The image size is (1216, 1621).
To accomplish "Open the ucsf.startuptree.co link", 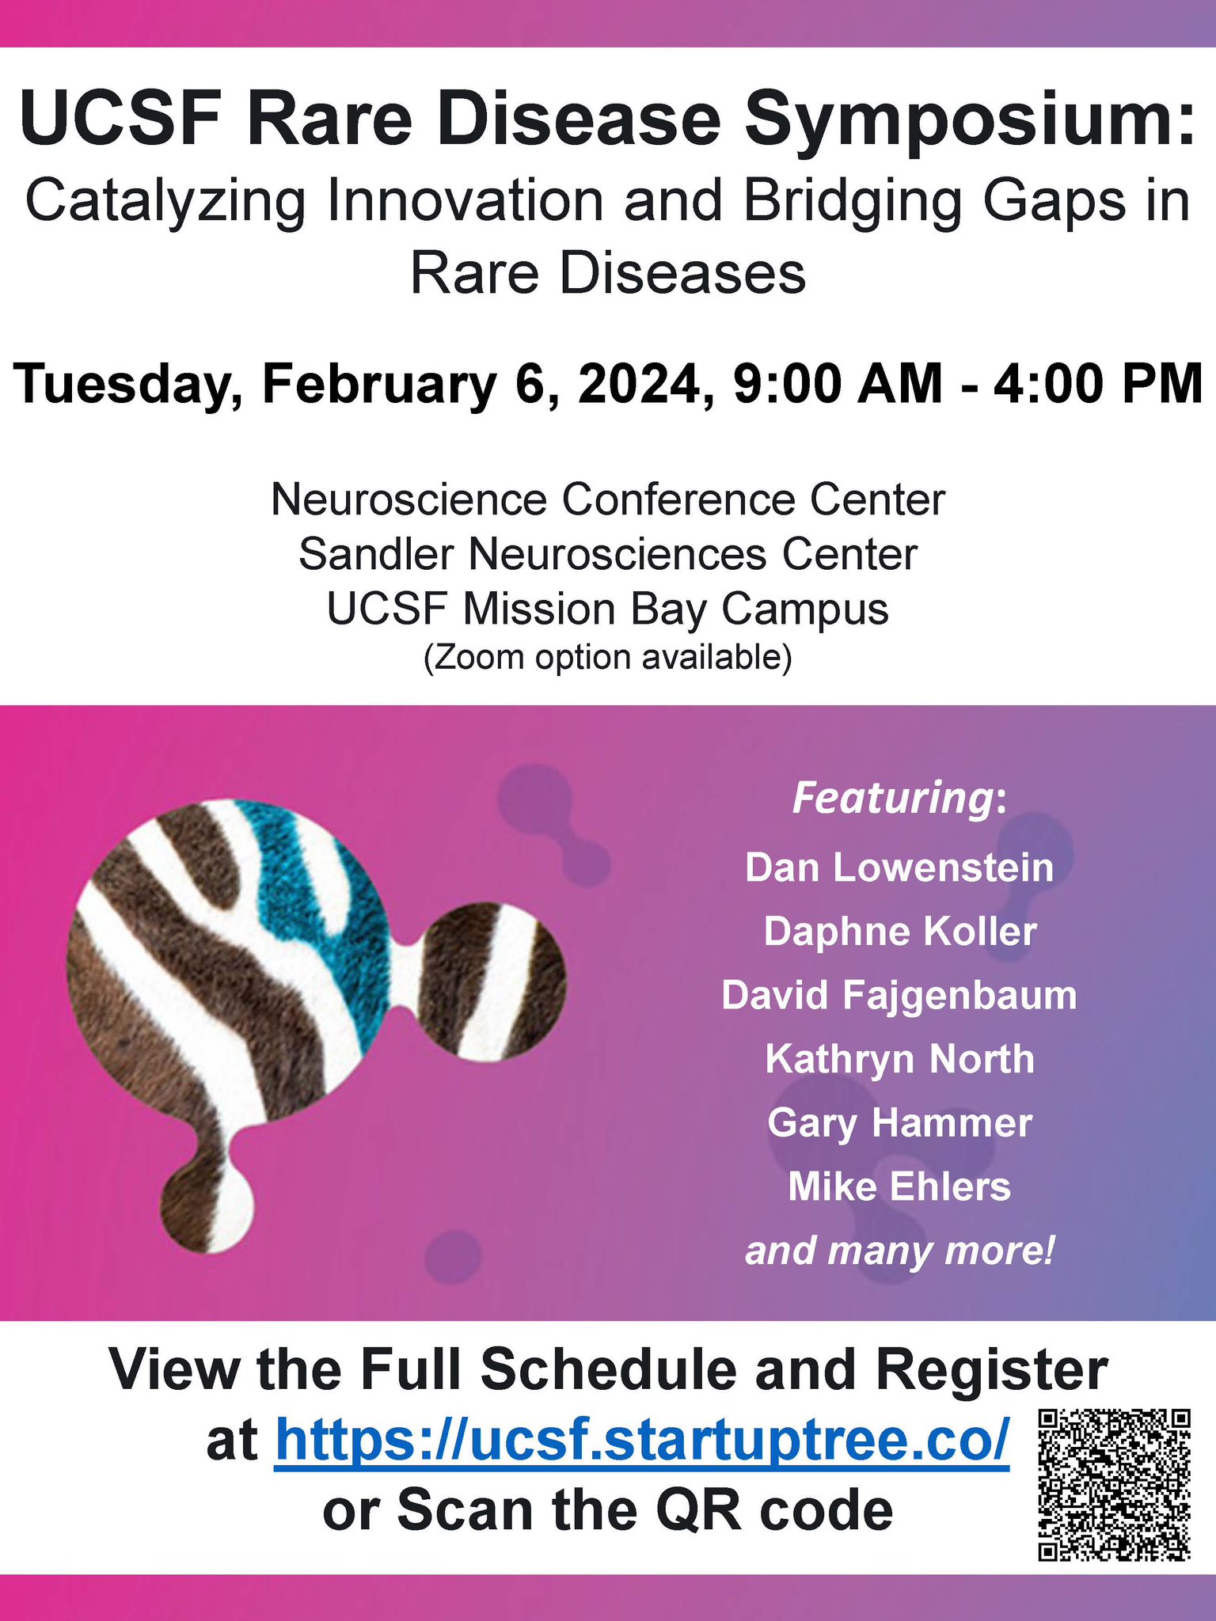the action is [x=642, y=1441].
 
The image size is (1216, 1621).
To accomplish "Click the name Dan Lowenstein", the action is [x=899, y=867].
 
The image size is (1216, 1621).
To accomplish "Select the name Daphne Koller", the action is [x=900, y=932].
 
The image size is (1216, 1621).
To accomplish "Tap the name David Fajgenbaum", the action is [x=899, y=996].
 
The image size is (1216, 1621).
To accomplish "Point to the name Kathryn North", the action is [x=900, y=1059].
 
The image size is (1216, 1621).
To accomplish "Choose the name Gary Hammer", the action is [x=900, y=1123].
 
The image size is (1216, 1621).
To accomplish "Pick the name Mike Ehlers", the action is [x=900, y=1186].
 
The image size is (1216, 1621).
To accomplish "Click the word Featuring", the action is [x=892, y=798].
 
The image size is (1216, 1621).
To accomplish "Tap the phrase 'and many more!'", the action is [x=900, y=1251].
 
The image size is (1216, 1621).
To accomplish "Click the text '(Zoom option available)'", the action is [x=608, y=658].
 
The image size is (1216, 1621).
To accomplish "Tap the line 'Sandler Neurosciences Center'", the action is [x=608, y=554].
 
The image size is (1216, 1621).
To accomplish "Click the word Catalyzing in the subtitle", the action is [x=165, y=202].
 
